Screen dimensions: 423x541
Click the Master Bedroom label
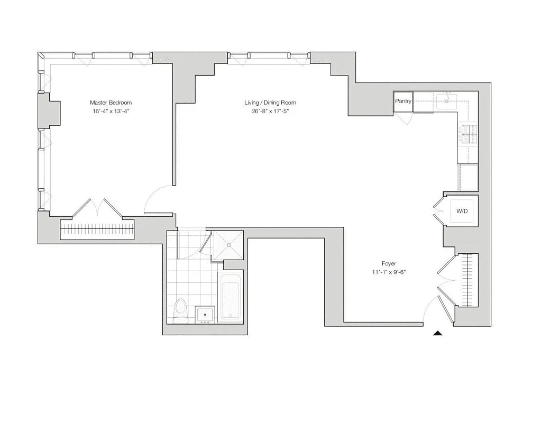(x=111, y=103)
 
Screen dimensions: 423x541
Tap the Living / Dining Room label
(x=270, y=103)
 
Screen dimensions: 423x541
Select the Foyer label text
(x=389, y=263)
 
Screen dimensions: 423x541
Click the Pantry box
(x=403, y=101)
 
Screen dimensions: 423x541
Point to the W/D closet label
(x=462, y=212)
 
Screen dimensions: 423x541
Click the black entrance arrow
(x=437, y=333)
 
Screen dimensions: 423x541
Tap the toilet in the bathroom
(x=180, y=311)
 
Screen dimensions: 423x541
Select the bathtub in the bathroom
(x=231, y=297)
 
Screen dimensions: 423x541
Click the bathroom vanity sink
(x=204, y=315)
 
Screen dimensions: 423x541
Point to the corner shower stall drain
(x=229, y=245)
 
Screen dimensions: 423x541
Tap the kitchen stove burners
(x=468, y=134)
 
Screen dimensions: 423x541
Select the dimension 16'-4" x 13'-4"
(x=111, y=112)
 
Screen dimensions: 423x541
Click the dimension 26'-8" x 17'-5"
(x=270, y=112)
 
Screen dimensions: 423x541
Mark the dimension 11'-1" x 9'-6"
(x=389, y=272)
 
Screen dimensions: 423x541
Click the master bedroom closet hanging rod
(x=98, y=231)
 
